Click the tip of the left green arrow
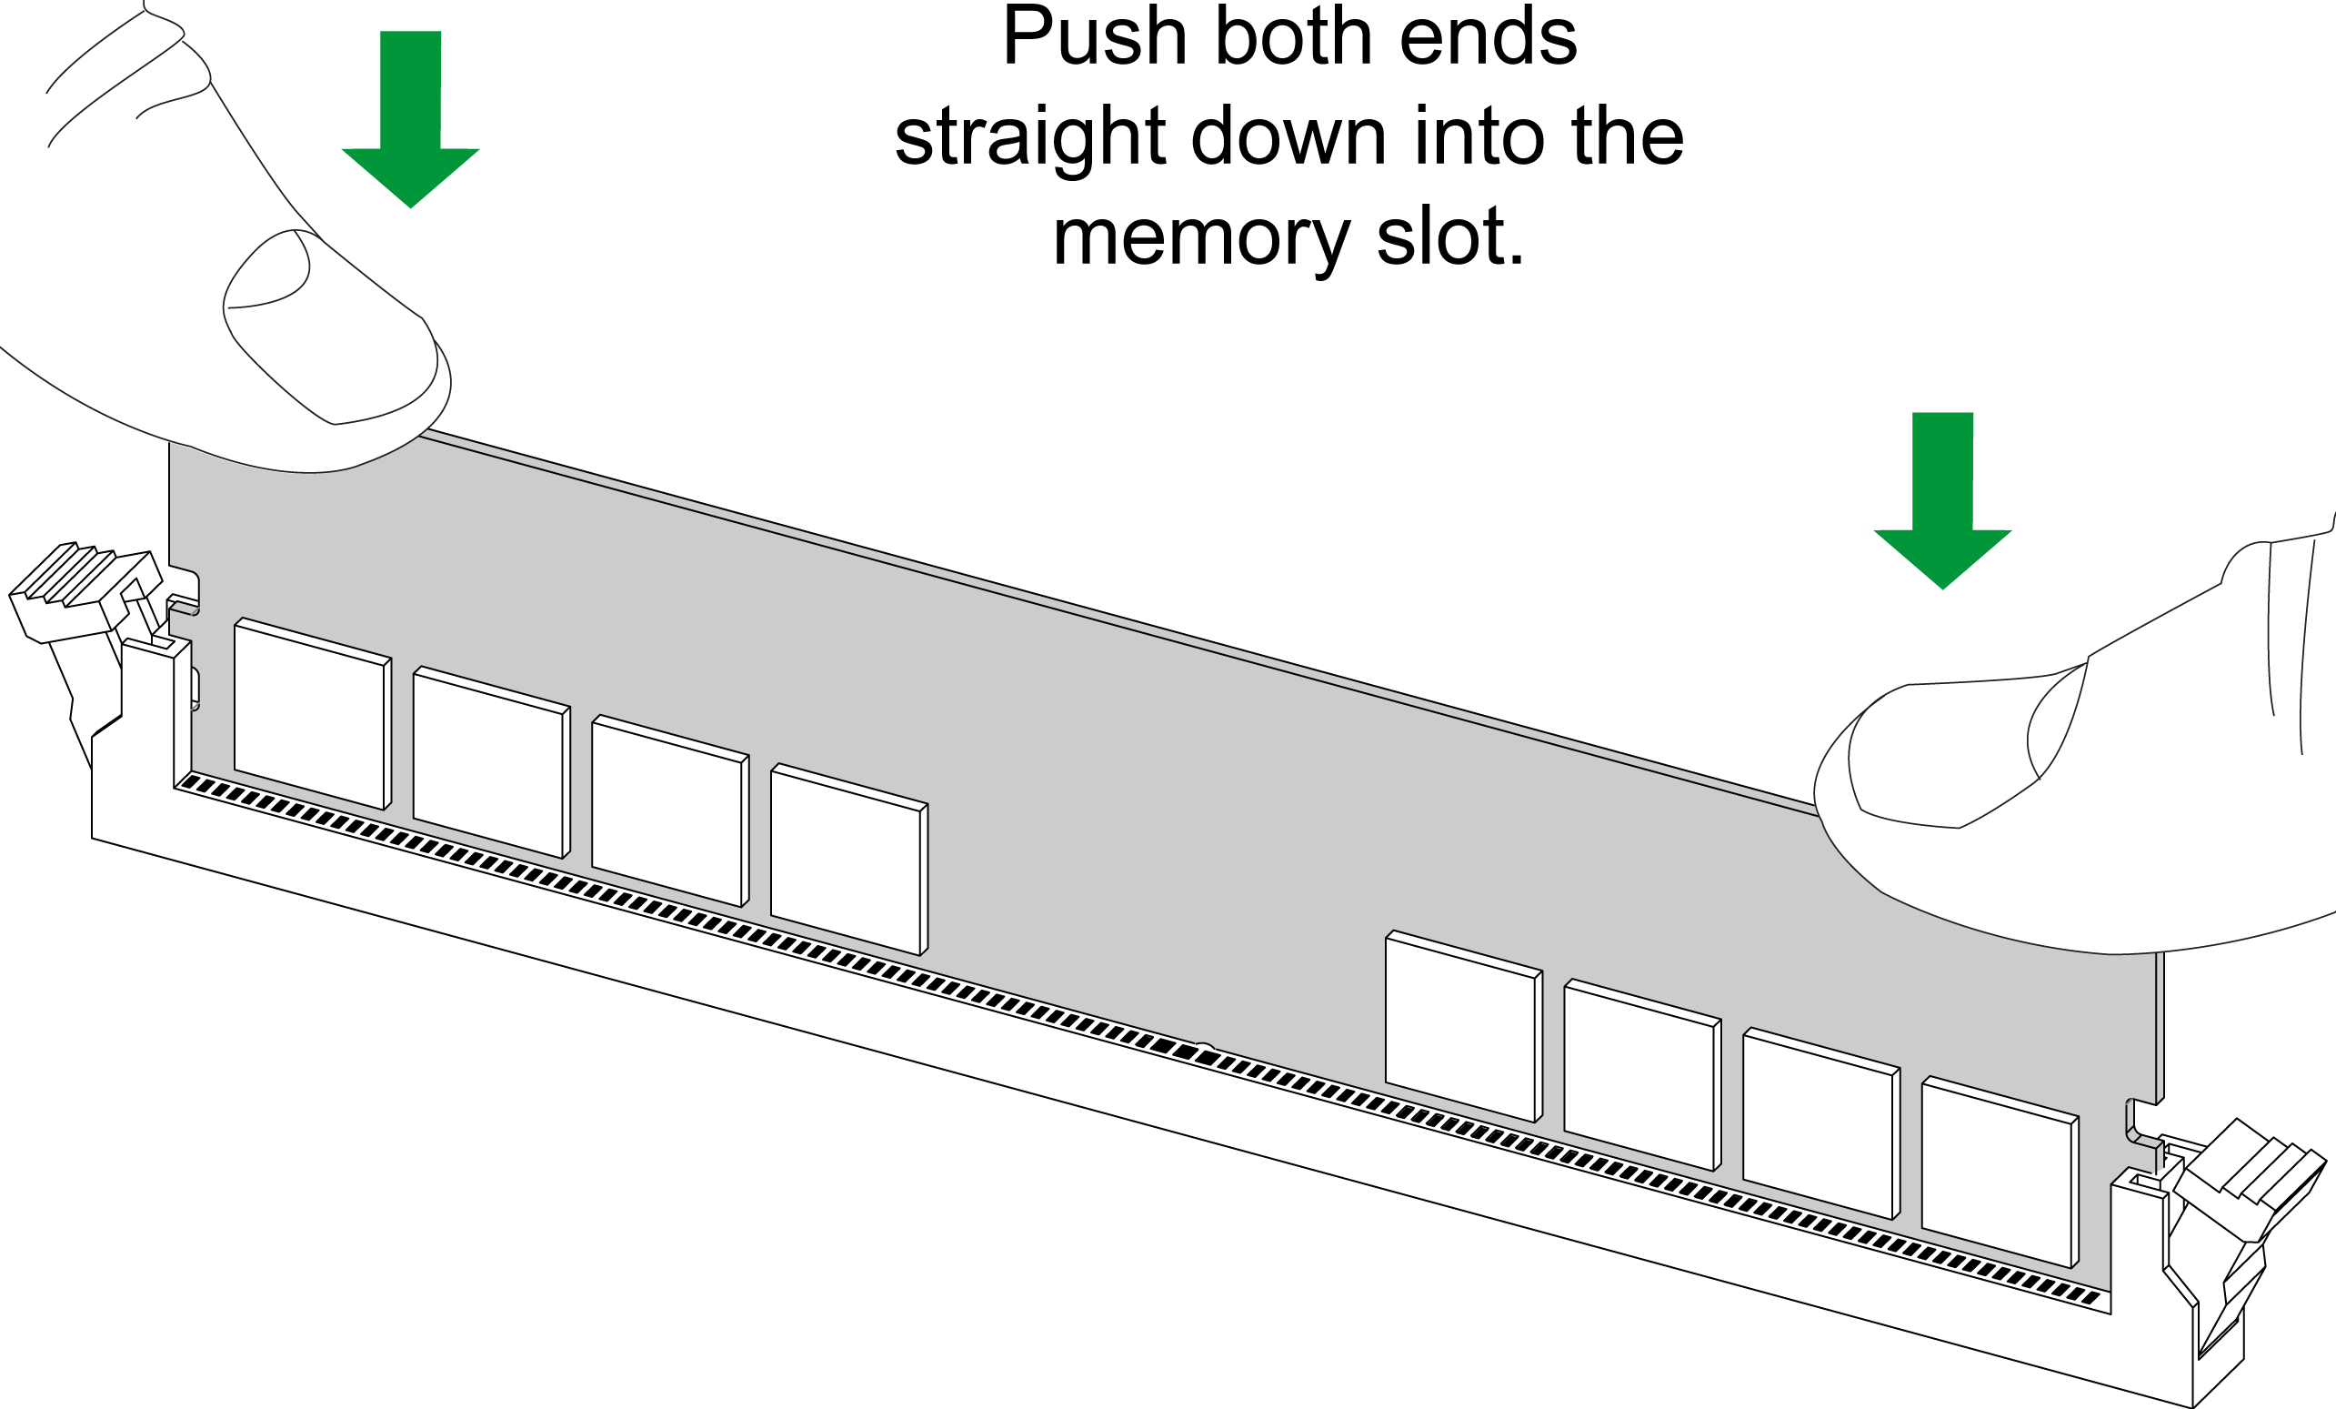[410, 207]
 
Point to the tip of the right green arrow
[1942, 589]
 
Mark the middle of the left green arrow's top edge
[410, 31]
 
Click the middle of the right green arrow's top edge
[1942, 412]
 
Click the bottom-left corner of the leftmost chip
[236, 770]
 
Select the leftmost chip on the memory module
[313, 713]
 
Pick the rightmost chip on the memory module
[2000, 1172]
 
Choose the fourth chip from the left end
[849, 859]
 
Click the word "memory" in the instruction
[1201, 238]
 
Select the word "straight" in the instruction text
[1029, 138]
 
